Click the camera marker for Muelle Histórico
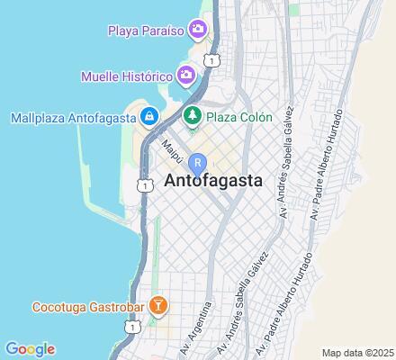click(x=186, y=74)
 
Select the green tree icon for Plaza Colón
click(x=192, y=117)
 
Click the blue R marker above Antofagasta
click(x=198, y=163)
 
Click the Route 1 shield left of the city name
click(x=144, y=184)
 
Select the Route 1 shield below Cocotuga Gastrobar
click(x=134, y=329)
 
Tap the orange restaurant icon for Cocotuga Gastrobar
click(x=158, y=306)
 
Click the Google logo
click(x=30, y=349)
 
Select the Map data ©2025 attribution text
click(x=358, y=352)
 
